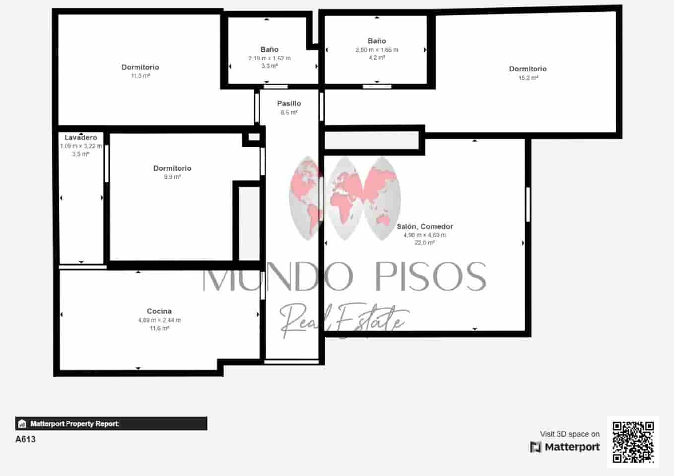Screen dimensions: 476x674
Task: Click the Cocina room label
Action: point(159,311)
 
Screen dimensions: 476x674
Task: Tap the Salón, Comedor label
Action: point(424,227)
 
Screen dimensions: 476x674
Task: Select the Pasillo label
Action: point(289,104)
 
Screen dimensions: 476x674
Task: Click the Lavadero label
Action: point(81,137)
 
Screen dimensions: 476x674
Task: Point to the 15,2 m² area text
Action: point(528,78)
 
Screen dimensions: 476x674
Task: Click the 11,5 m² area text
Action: point(140,76)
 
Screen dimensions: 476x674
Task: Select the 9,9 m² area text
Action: point(172,177)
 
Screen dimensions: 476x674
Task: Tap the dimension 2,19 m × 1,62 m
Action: point(270,58)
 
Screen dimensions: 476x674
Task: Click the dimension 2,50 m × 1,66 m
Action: point(377,50)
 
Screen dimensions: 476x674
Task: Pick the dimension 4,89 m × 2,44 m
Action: point(159,320)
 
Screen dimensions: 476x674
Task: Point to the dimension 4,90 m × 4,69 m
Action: point(424,235)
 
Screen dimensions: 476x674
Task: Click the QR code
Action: point(633,442)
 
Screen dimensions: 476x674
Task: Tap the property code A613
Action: point(25,439)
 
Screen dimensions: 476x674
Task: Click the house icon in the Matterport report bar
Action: point(22,424)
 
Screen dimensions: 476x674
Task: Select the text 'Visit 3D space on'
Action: point(570,434)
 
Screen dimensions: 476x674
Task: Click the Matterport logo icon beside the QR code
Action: point(536,447)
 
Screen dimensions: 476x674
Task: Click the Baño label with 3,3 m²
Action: point(270,49)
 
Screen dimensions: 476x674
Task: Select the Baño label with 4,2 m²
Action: point(377,41)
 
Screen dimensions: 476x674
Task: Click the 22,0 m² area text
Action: point(424,243)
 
